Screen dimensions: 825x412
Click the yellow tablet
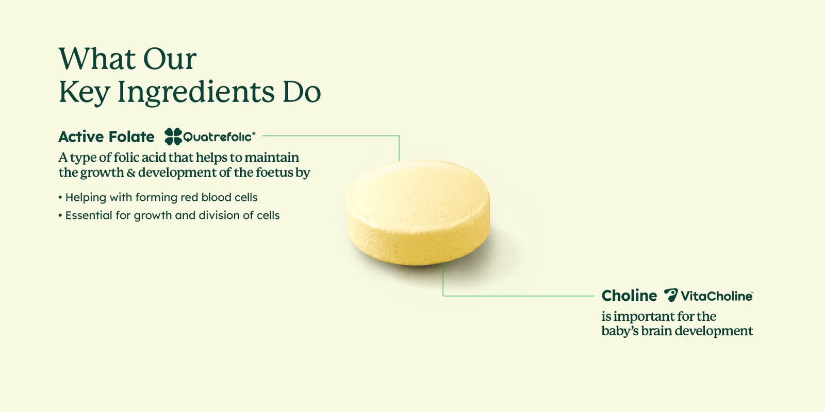418,213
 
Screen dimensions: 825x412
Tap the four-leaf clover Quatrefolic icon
173,136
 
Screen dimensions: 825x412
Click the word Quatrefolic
219,137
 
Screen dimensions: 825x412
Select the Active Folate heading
106,137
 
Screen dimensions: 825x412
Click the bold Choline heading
629,296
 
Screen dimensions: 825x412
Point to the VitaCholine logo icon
671,295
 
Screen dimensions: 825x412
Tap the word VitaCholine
717,296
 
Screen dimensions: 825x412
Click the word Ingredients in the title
196,92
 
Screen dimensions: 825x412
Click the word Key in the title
84,92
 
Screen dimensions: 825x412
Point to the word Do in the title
302,92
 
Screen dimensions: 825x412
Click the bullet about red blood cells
158,197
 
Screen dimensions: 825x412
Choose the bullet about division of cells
169,215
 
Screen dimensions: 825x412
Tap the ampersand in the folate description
131,173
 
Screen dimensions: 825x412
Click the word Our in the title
170,59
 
